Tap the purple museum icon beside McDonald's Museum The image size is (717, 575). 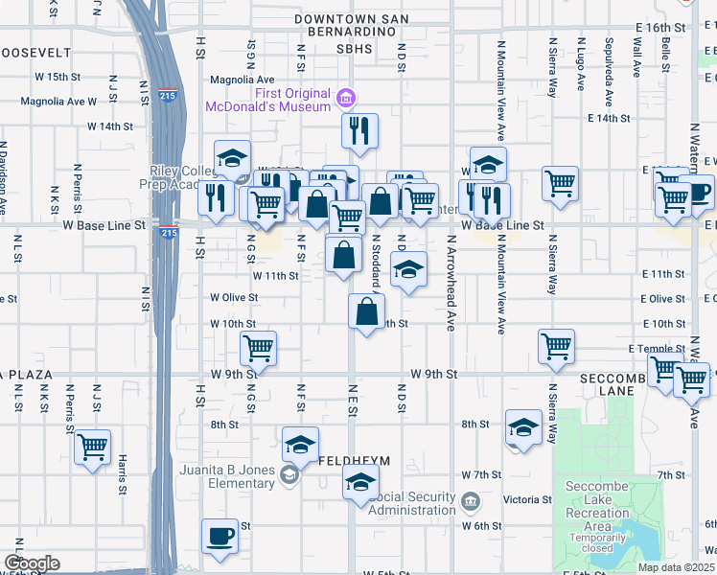pos(345,98)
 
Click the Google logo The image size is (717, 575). pos(32,563)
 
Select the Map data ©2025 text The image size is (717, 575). pos(676,567)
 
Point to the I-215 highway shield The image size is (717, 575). pos(169,232)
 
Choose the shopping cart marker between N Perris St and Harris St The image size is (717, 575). pos(92,447)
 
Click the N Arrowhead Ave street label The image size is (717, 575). pos(450,284)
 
